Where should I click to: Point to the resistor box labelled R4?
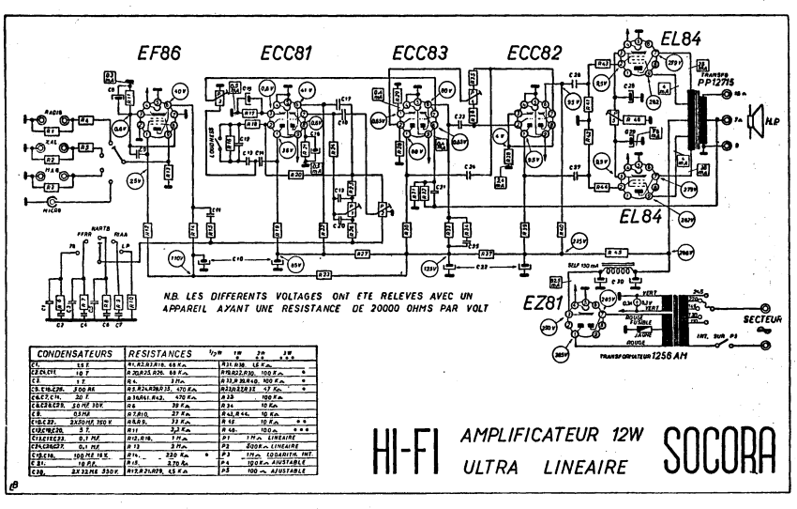tap(85, 120)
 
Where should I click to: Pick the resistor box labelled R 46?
tap(635, 121)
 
